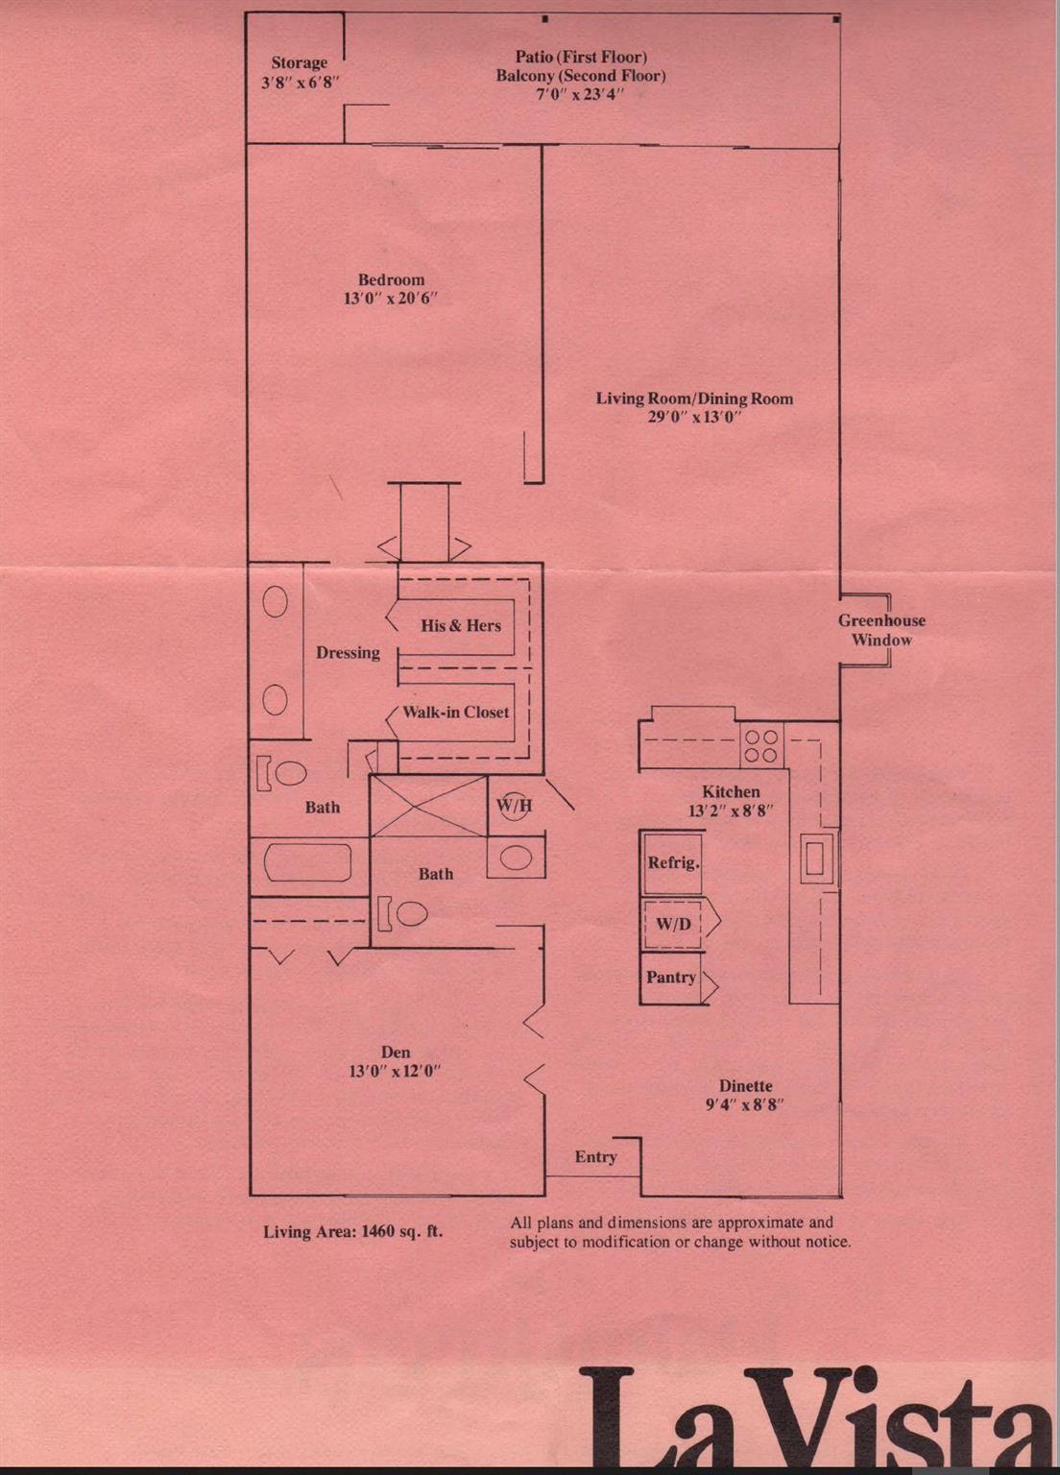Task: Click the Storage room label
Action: pos(300,63)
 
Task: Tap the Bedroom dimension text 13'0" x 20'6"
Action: pos(391,299)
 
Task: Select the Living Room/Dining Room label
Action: pos(694,399)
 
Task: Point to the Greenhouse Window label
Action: pos(881,630)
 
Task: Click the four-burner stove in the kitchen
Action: pos(761,746)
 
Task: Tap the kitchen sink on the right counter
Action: pos(815,858)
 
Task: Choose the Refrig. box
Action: pos(672,862)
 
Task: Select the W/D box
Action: pos(673,924)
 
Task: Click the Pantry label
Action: pos(671,978)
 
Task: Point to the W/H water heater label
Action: pos(515,806)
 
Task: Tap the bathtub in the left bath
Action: pos(307,862)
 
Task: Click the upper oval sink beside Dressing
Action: pos(276,603)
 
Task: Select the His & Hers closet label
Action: pos(461,626)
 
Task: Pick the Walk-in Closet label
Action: pos(455,713)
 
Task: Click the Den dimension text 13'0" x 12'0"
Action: pos(395,1072)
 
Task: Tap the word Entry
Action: pos(595,1157)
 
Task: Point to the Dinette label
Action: pos(745,1086)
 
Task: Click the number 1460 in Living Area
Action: pos(377,1232)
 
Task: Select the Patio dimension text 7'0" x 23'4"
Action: pos(580,94)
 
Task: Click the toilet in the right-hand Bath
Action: pos(407,912)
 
